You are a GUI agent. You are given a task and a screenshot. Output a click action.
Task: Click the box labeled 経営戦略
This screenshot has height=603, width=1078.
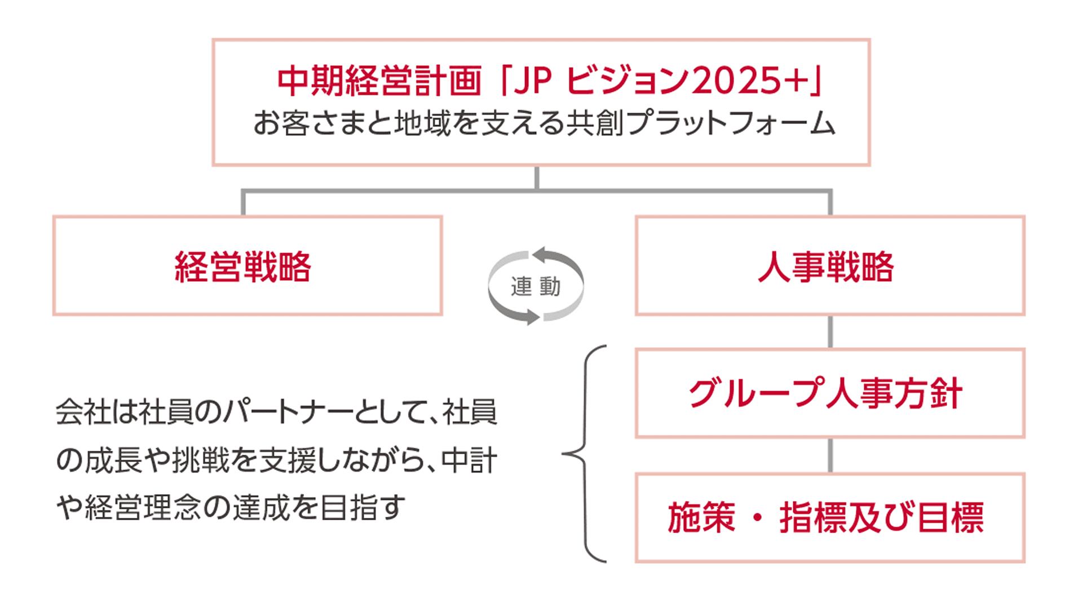(247, 266)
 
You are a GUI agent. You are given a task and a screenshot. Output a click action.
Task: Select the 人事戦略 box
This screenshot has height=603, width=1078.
(829, 266)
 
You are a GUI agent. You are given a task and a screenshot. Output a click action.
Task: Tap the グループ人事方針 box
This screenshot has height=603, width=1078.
(829, 393)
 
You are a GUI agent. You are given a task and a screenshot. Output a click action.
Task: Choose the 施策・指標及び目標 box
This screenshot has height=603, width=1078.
(829, 518)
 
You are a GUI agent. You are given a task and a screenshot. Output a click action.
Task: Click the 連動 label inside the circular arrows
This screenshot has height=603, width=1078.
(536, 287)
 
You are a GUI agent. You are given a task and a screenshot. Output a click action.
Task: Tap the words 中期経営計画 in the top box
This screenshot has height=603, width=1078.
(379, 80)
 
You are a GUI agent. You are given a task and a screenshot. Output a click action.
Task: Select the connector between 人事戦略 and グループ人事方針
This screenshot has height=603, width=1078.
(830, 332)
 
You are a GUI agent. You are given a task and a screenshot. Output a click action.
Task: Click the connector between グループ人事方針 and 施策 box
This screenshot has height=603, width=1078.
(830, 455)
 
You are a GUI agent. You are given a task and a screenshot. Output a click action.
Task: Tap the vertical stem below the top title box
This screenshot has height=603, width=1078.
(537, 177)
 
